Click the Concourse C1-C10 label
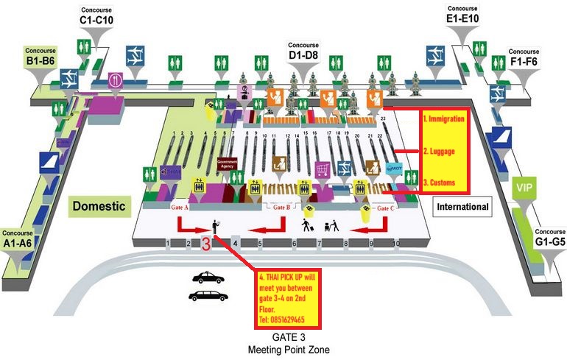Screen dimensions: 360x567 (96, 16)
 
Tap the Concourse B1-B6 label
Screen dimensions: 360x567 (40, 55)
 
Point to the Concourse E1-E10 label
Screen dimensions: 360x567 (463, 15)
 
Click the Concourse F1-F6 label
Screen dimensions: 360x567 (524, 57)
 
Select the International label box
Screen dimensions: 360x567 (462, 207)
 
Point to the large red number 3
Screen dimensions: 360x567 (207, 244)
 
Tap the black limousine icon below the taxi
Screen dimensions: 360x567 (209, 296)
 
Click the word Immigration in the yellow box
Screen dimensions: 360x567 (446, 119)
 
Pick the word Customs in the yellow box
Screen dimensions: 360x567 (440, 183)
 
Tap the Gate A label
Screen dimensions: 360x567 (180, 208)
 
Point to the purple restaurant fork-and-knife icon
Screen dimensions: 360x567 (115, 80)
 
